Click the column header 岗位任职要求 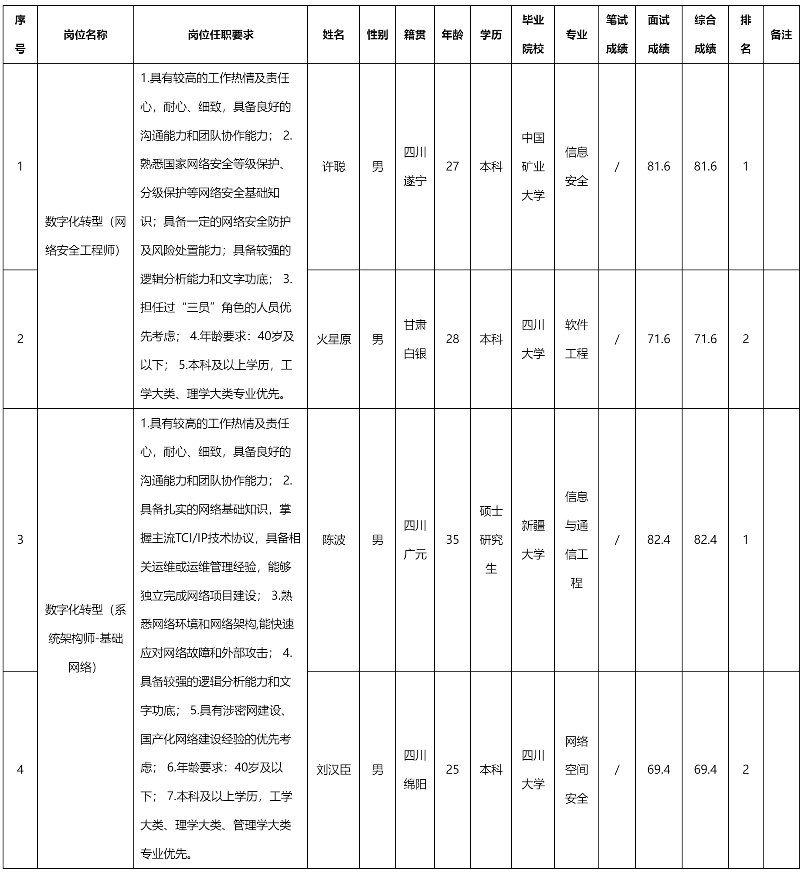pos(221,35)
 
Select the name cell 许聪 pos(333,167)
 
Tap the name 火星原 pos(333,339)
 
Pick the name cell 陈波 pos(333,540)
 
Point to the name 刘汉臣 pos(333,770)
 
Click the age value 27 pos(452,167)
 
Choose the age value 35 pos(452,540)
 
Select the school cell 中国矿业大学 pos(533,167)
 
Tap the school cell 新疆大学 pos(533,540)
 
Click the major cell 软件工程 pos(577,339)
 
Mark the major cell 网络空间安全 pos(577,770)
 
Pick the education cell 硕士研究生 pos(491,540)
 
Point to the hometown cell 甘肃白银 pos(415,339)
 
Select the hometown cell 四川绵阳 pos(415,770)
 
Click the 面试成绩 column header pos(658,35)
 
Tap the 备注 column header pos(781,35)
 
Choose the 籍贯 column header pos(415,35)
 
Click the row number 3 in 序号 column pos(20,540)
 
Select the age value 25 pos(452,770)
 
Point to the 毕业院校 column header pos(533,35)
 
